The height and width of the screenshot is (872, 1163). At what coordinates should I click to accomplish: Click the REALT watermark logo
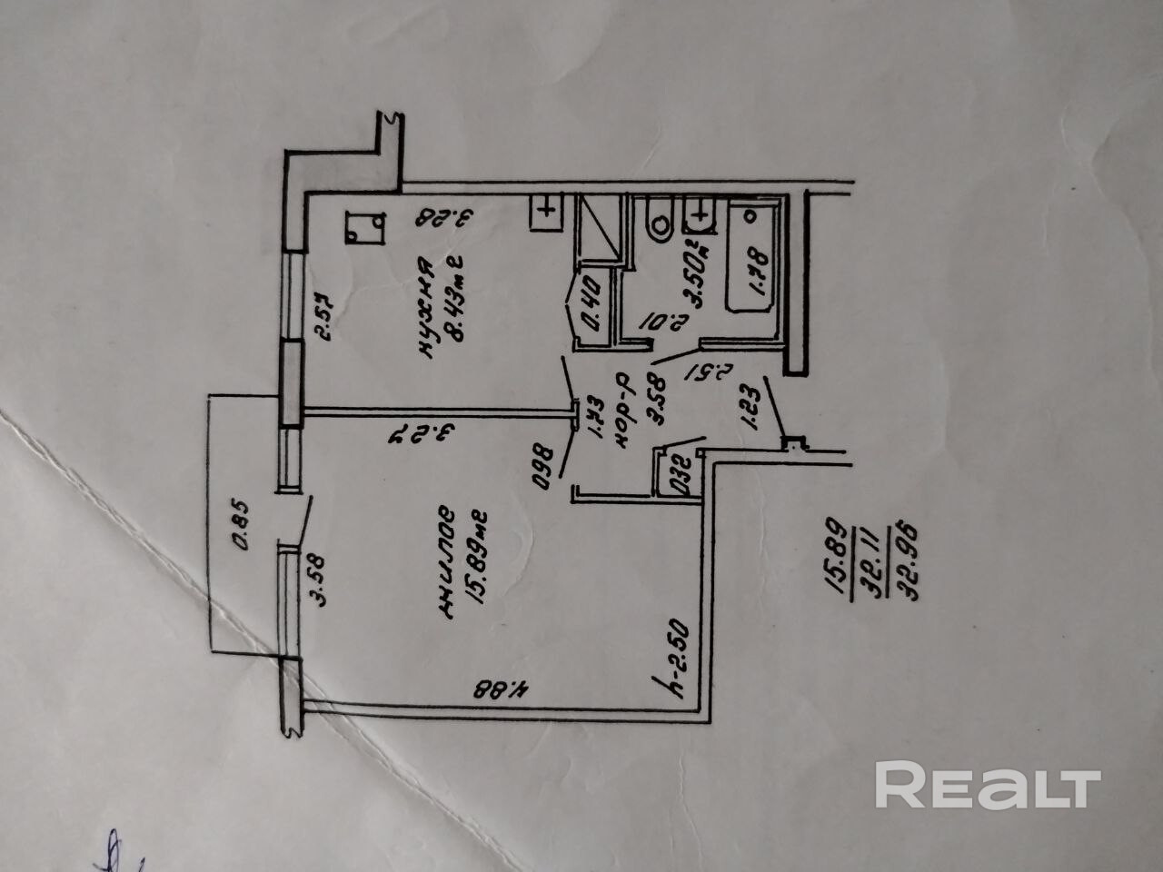pyautogui.click(x=988, y=786)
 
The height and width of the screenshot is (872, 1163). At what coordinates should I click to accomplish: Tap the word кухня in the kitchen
pyautogui.click(x=424, y=309)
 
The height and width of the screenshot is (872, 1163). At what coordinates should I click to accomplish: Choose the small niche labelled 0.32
pyautogui.click(x=680, y=475)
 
